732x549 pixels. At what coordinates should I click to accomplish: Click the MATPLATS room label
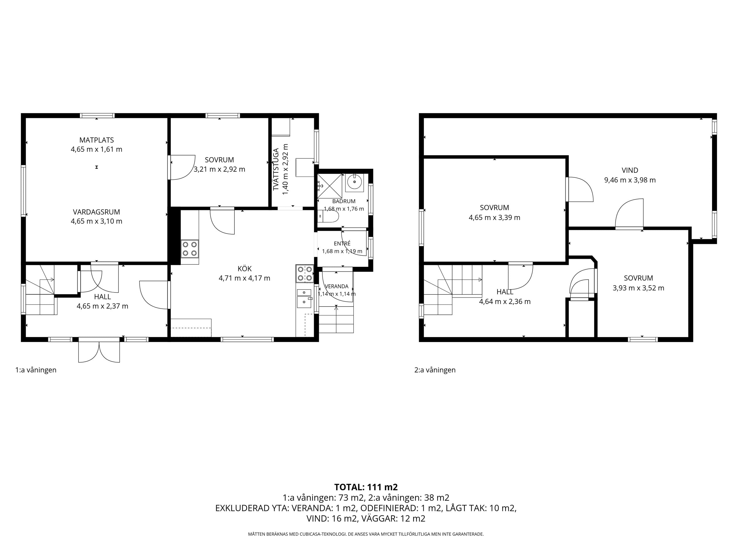97,140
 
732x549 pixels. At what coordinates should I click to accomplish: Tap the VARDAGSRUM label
97,212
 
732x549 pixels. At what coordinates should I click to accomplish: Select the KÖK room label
244,269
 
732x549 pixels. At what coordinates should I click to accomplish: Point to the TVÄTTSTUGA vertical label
276,169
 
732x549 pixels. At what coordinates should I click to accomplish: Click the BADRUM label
344,201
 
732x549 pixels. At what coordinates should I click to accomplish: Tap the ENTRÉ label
342,244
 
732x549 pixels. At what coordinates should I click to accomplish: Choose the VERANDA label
336,287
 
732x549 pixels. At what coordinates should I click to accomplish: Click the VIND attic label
630,170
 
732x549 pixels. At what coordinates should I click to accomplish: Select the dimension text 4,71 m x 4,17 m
244,278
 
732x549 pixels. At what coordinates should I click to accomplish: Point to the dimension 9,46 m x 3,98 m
630,180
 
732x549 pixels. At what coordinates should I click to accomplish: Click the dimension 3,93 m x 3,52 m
638,288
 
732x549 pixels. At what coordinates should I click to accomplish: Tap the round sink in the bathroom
354,182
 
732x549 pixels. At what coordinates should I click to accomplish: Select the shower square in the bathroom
330,186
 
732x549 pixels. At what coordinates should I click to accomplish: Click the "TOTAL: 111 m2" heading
366,487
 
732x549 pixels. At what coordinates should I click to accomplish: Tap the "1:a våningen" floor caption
36,370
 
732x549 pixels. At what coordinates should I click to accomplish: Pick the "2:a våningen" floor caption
435,370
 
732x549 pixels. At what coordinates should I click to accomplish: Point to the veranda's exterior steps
336,319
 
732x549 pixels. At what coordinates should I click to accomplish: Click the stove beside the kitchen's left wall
190,249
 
